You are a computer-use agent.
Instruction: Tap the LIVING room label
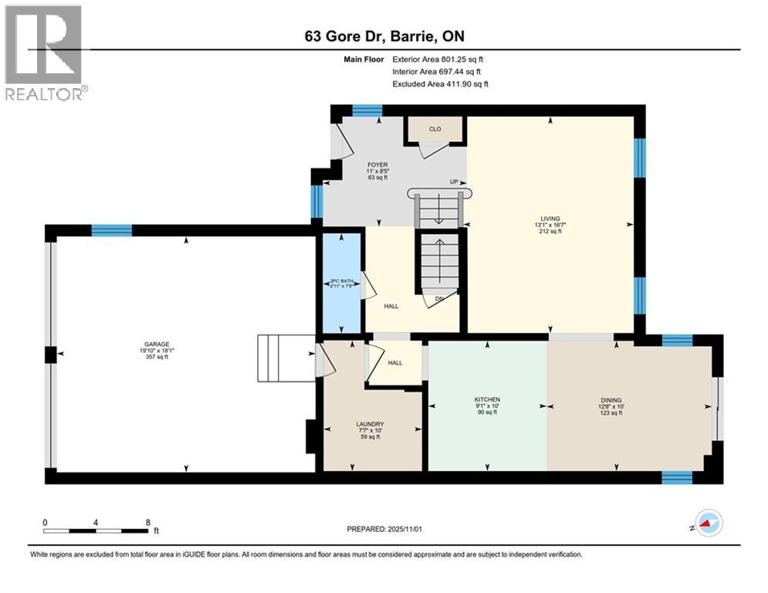(550, 219)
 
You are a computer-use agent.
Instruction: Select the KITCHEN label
(487, 399)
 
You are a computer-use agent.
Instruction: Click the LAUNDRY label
(370, 424)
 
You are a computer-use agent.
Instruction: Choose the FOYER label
(377, 164)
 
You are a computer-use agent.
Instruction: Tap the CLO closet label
(435, 129)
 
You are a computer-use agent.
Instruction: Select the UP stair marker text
(455, 182)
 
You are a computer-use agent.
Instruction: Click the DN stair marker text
(439, 299)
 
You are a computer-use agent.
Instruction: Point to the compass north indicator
(707, 524)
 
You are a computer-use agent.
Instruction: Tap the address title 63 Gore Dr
(384, 36)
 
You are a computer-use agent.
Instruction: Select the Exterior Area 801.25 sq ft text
(438, 59)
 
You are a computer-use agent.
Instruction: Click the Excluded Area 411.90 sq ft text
(440, 83)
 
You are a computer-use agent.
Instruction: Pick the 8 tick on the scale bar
(147, 522)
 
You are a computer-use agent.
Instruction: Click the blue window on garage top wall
(111, 229)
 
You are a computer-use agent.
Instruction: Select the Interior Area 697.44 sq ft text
(438, 71)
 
